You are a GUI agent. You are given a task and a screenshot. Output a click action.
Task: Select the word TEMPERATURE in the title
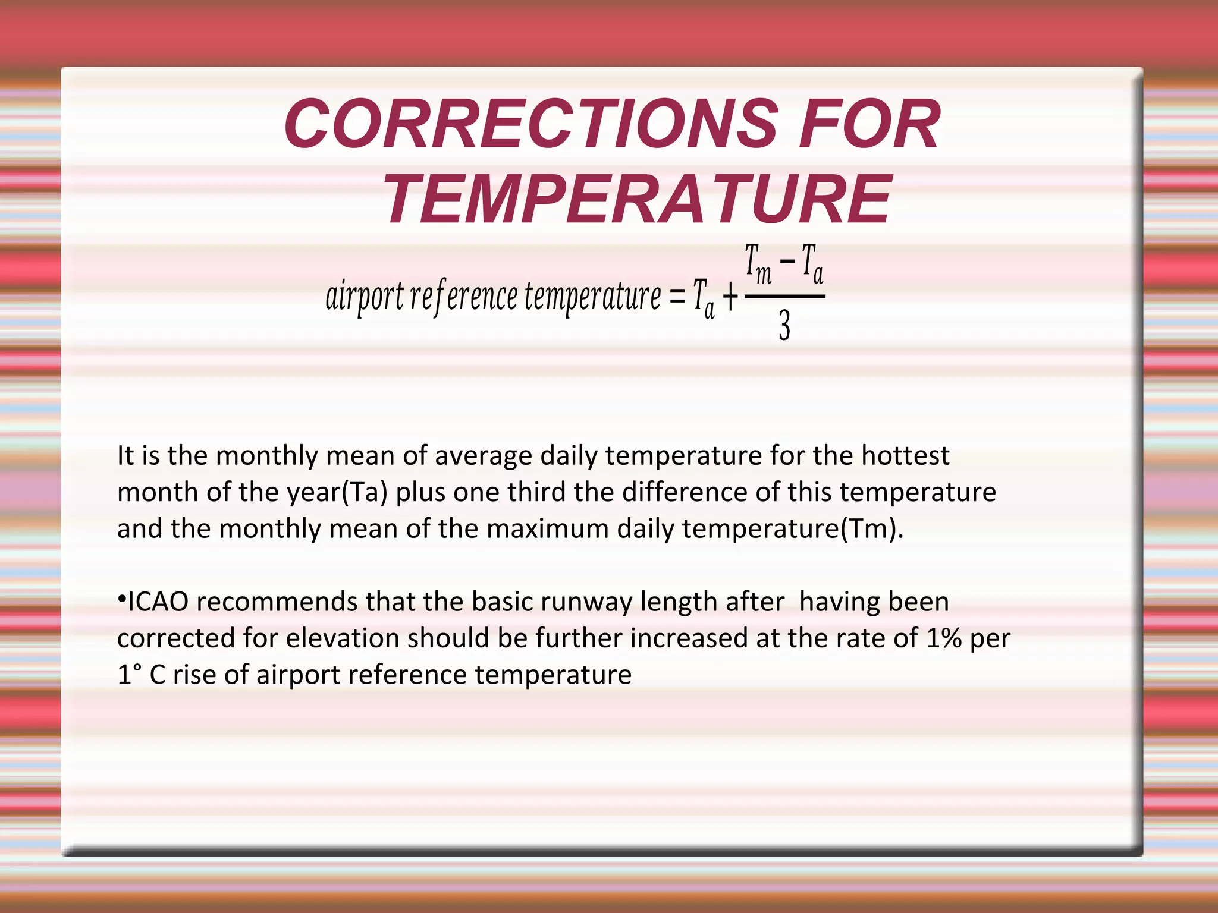pos(637,199)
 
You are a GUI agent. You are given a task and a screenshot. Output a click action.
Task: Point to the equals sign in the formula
pos(677,295)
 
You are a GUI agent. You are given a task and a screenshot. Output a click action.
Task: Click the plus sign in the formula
pos(730,297)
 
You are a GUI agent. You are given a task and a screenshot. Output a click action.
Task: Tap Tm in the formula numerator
pos(758,264)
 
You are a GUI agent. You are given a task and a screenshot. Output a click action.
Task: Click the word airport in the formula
pos(365,297)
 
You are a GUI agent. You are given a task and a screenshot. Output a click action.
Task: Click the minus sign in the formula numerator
pos(787,260)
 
